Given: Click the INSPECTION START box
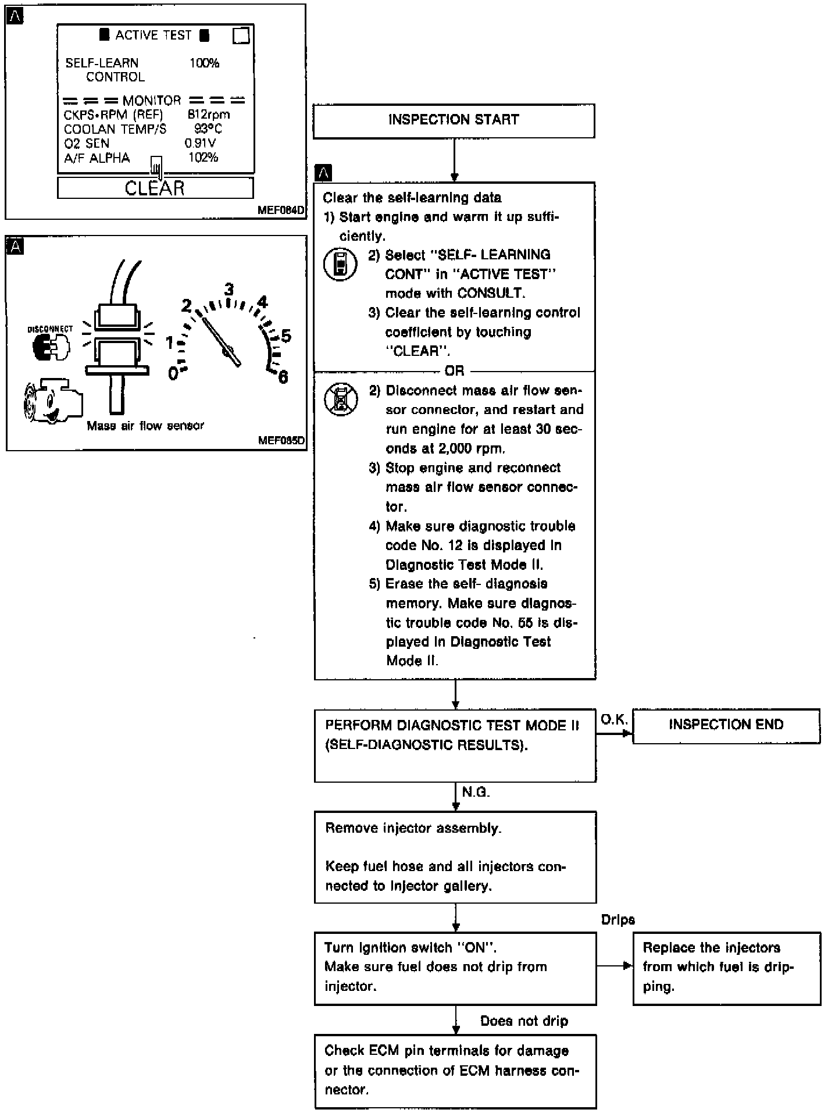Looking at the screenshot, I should (454, 120).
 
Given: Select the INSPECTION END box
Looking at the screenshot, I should (726, 725).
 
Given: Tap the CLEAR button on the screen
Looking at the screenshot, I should (155, 188).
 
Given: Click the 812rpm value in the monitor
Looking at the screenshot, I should (208, 115).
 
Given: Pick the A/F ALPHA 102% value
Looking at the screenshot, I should (203, 158).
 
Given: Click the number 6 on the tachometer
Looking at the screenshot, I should (283, 377).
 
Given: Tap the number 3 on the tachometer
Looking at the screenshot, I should (229, 289).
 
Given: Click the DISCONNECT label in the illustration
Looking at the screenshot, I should (51, 329).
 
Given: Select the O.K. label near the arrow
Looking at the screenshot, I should (614, 720).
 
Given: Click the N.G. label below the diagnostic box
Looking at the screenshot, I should (476, 792).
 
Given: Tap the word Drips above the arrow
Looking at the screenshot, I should (618, 919).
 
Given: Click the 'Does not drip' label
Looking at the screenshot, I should (524, 1021).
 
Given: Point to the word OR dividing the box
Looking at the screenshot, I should (454, 371).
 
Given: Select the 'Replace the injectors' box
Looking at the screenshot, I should (726, 967).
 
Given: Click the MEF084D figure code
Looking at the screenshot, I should (281, 211).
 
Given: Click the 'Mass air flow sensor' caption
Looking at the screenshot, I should (145, 426).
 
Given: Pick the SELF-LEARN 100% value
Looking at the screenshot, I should (204, 63).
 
